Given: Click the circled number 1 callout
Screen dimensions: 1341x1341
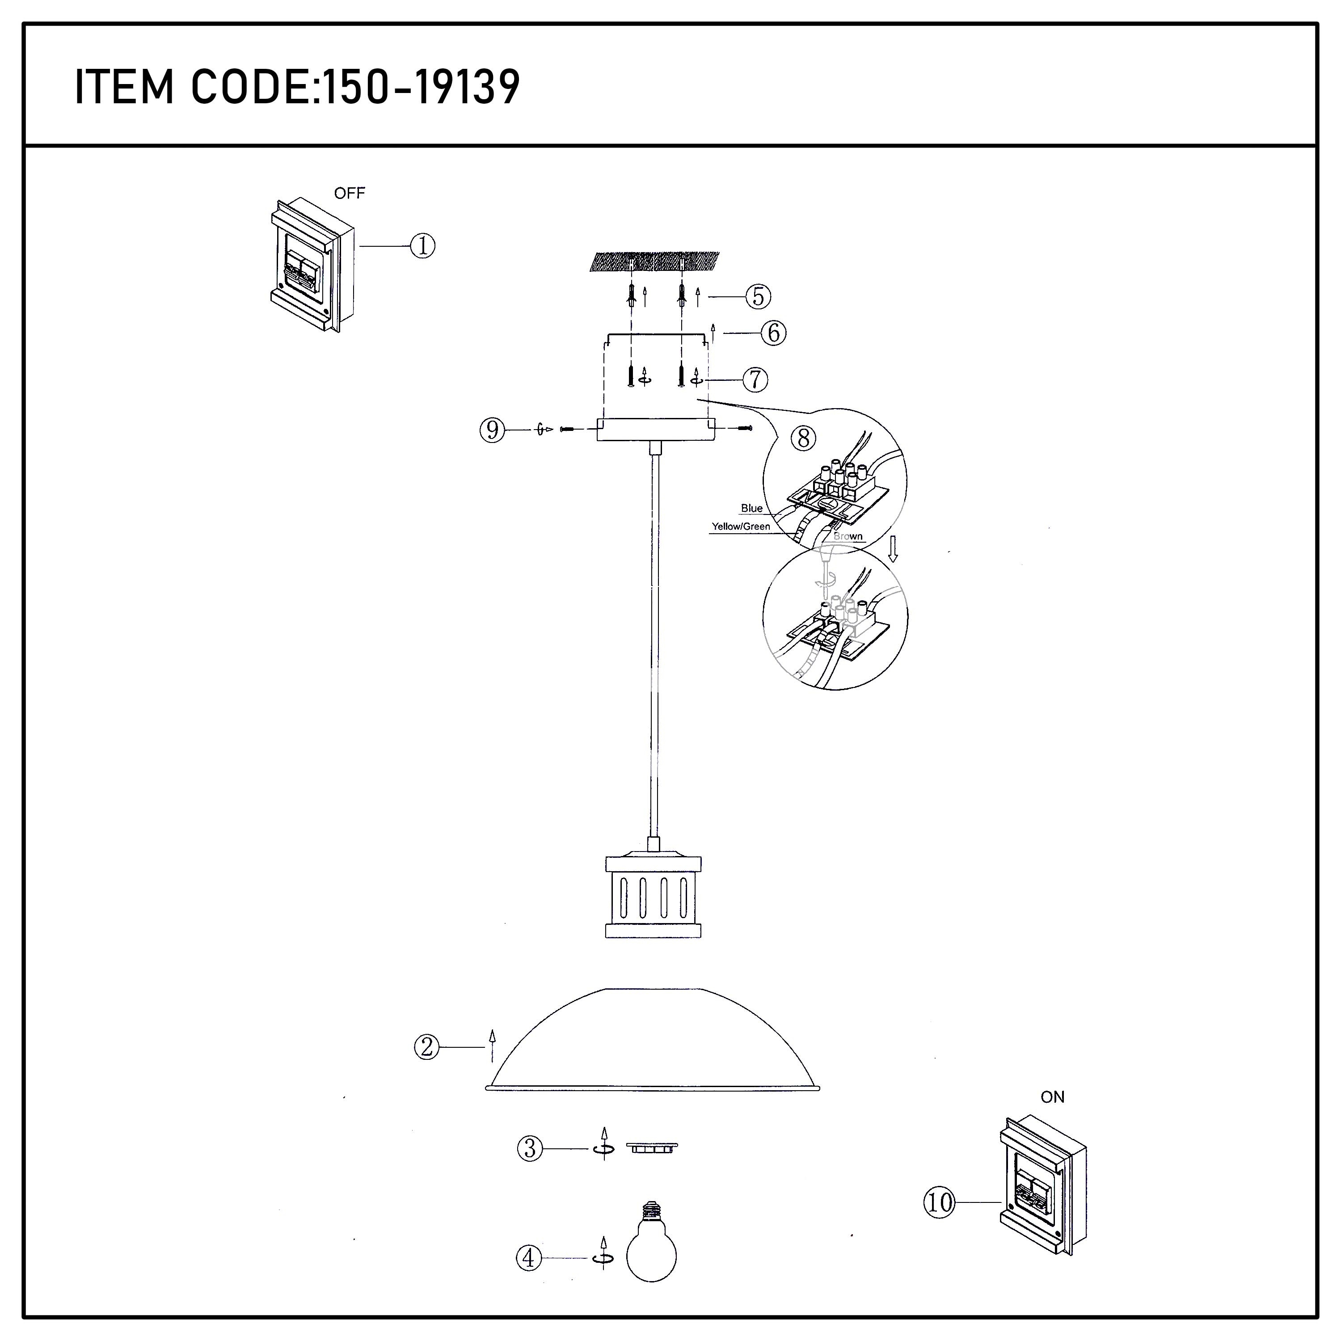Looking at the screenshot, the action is [x=423, y=246].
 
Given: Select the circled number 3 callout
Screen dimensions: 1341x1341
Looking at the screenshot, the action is [x=530, y=1149].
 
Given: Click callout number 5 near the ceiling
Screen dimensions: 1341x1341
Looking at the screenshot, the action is [x=759, y=296].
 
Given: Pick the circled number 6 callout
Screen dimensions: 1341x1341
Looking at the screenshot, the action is [x=773, y=333].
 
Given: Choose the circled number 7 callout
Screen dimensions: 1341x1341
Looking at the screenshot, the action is [x=755, y=380].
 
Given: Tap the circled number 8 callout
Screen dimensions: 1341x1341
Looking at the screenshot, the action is [x=804, y=438].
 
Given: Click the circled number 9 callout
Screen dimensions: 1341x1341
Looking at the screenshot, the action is [x=493, y=430].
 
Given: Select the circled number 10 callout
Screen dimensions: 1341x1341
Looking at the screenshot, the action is [x=940, y=1202].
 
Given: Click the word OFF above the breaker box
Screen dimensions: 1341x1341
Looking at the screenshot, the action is [x=349, y=194].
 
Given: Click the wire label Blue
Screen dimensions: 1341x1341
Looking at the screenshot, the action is [x=752, y=508].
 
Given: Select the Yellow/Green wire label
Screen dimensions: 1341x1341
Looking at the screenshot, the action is [x=741, y=527].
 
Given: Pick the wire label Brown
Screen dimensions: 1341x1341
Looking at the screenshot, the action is [x=848, y=536].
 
